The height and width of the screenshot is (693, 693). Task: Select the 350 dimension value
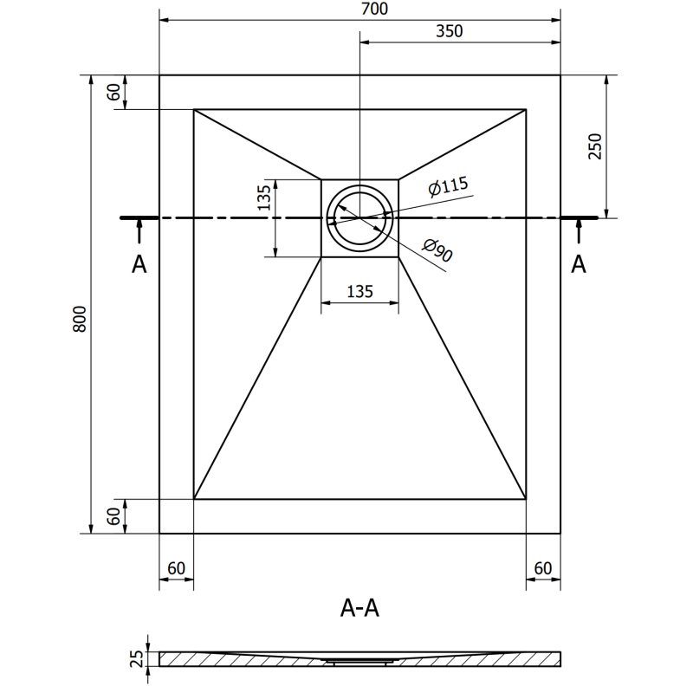(450, 31)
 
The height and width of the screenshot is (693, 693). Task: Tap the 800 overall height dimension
(79, 320)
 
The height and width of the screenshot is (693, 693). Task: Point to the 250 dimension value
(593, 146)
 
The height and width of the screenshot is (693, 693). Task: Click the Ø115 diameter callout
(447, 185)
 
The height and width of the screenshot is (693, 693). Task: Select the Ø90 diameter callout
(438, 251)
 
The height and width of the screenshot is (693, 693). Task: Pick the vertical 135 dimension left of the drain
(264, 197)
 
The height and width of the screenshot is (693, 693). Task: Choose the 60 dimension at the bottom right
(543, 569)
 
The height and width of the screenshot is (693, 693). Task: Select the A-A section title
(359, 609)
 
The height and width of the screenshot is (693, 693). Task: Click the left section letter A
(139, 264)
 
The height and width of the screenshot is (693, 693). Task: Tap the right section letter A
(579, 264)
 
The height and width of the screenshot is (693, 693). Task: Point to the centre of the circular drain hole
(359, 217)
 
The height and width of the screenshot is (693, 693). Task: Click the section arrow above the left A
(139, 230)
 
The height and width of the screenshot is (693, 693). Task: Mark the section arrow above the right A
(579, 230)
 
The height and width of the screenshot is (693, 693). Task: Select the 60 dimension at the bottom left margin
(176, 569)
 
